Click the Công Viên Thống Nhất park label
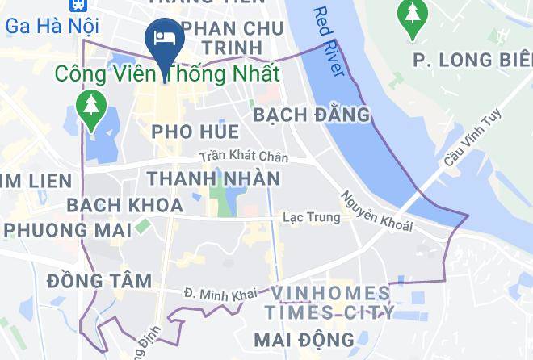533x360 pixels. [x=167, y=73]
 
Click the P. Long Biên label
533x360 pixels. [x=472, y=60]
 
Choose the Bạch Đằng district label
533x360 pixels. [x=312, y=115]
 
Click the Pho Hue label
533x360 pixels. [x=195, y=132]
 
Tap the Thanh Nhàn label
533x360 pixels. [x=214, y=178]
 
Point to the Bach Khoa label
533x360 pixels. [x=125, y=205]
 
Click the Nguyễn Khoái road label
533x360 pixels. [x=376, y=211]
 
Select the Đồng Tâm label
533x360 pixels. [x=99, y=281]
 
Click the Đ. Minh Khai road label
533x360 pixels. [x=214, y=295]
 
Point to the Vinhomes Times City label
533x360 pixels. [x=331, y=302]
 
